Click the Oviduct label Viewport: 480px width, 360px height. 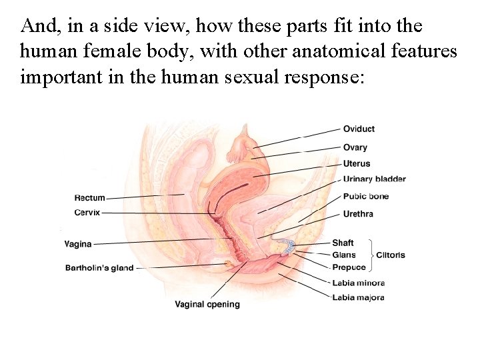359,129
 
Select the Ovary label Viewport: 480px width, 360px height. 355,147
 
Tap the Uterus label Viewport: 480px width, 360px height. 356,163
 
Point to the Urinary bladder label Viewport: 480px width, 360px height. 374,179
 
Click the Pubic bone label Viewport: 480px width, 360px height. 365,196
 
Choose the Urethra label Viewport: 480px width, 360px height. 358,214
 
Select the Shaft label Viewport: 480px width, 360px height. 343,243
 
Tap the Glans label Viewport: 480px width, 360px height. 343,255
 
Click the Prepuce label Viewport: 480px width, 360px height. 349,267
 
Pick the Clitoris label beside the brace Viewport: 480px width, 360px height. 391,255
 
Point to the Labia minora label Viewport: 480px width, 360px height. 358,283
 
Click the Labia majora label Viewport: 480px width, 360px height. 358,297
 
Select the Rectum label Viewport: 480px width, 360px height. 90,198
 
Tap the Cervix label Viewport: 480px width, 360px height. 87,212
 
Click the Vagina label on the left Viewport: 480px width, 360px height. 79,244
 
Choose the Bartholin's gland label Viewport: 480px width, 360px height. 99,268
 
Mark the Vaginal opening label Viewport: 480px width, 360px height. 207,305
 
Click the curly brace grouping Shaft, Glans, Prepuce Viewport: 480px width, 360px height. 370,255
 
